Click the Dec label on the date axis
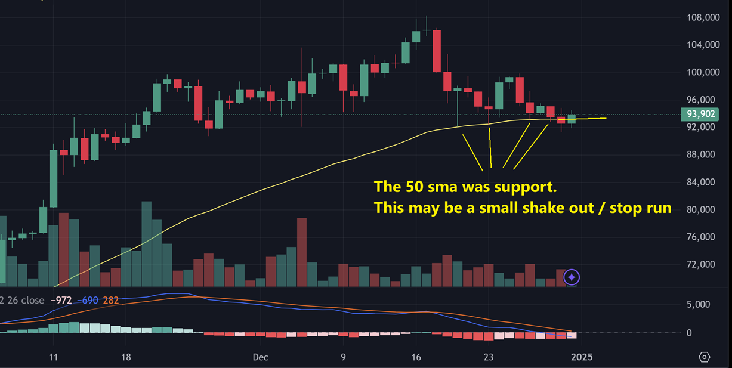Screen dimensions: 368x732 coord(260,357)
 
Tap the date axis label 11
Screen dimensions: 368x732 coord(53,357)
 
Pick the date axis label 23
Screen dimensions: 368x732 coord(489,357)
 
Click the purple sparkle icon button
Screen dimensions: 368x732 coord(572,277)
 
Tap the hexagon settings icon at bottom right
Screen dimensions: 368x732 coord(704,357)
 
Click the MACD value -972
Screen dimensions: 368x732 coord(61,300)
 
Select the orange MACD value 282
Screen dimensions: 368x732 coord(111,300)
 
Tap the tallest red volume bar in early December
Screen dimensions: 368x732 coord(302,252)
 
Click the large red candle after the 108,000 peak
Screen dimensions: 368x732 coord(437,50)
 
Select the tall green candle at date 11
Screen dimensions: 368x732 coord(54,178)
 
